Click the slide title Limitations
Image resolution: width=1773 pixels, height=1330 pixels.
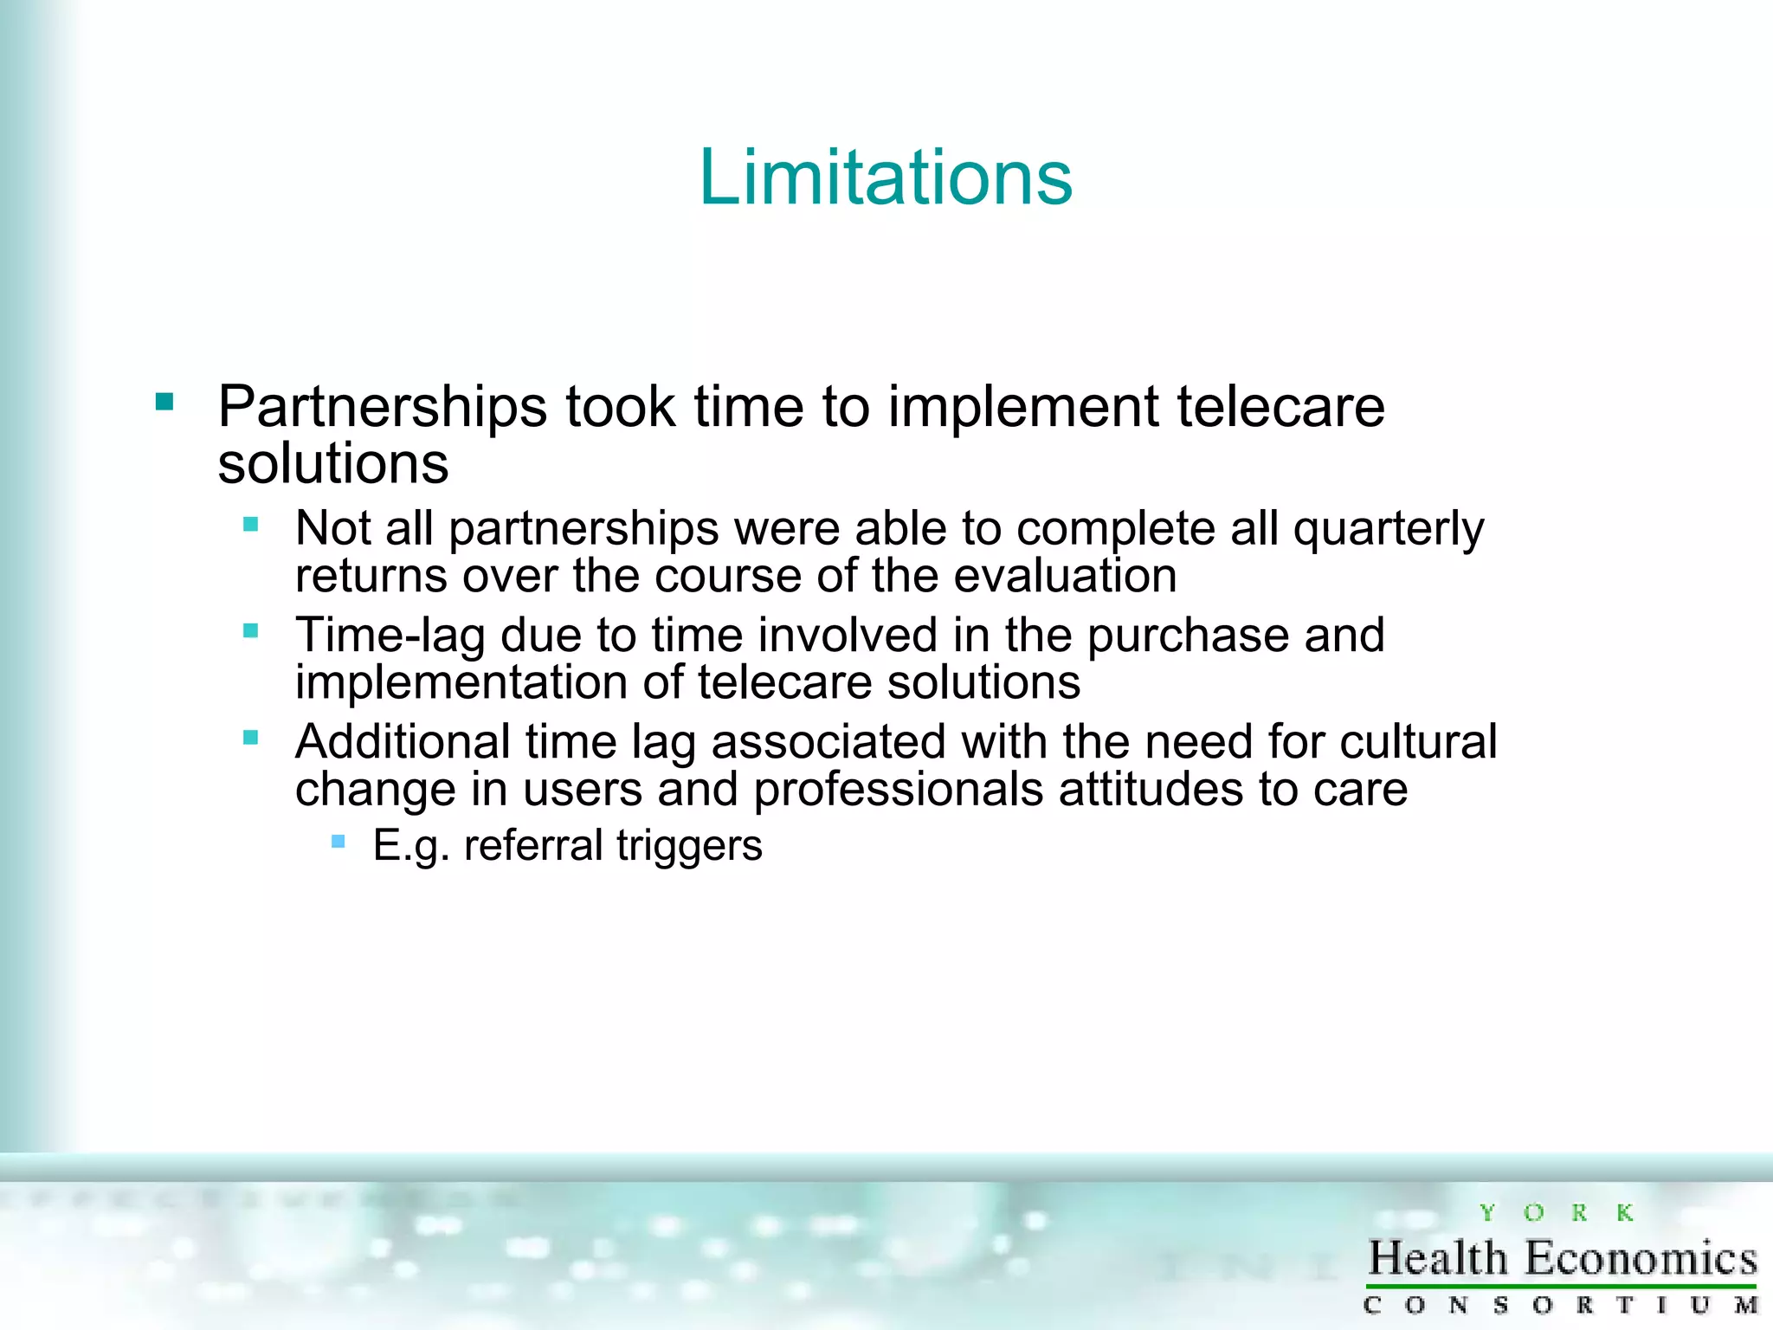pos(886,178)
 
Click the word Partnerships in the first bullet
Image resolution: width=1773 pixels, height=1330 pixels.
pos(382,407)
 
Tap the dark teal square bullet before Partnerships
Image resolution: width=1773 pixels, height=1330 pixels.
pos(164,402)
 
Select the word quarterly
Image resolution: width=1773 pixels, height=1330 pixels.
pos(1389,529)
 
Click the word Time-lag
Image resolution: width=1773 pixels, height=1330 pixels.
pos(390,636)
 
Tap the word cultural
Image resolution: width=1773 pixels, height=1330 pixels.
pos(1418,742)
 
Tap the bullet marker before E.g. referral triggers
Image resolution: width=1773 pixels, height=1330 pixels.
pos(338,841)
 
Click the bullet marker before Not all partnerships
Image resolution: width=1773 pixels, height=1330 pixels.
pos(251,524)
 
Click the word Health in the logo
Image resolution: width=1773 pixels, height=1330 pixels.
pos(1438,1259)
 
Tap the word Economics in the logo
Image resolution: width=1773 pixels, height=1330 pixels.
pos(1641,1259)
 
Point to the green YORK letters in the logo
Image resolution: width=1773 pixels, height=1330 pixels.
pos(1556,1213)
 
